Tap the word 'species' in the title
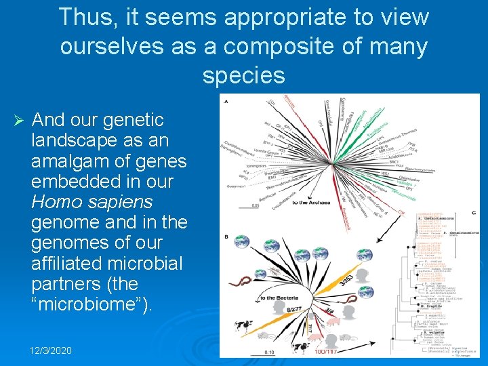[243, 75]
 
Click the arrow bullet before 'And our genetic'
[19, 121]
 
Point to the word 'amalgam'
[73, 161]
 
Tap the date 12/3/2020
[50, 350]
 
